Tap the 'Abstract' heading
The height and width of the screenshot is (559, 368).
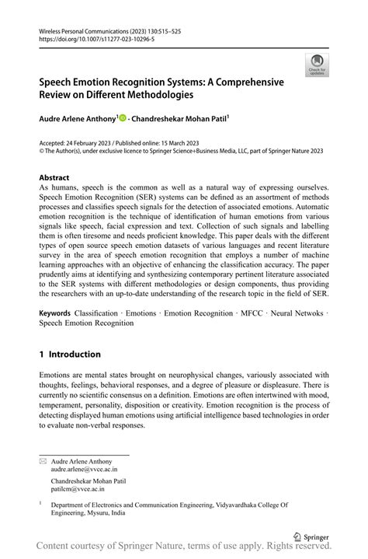pos(54,177)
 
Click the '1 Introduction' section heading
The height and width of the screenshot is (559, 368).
pos(70,354)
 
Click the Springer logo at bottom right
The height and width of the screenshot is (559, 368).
pos(310,536)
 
